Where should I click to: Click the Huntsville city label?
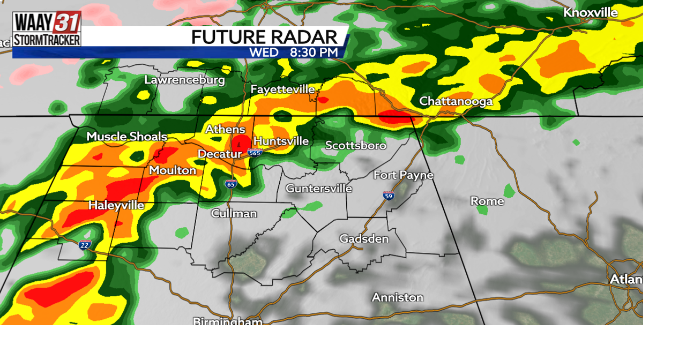coord(281,141)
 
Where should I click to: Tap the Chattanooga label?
coord(456,101)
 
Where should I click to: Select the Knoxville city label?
coord(590,12)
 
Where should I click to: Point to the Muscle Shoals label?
coord(126,137)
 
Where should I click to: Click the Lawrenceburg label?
coord(184,80)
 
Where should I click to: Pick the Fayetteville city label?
coord(282,89)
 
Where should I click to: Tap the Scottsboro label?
coord(355,145)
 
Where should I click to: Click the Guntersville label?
coord(318,188)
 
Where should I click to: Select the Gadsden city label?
coord(364,238)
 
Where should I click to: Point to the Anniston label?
coord(397,297)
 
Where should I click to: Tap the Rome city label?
coord(487,201)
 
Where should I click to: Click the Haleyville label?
coord(116,205)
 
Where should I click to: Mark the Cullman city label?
coord(234,213)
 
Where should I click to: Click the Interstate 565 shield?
coord(255,153)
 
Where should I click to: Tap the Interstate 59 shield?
coord(389,196)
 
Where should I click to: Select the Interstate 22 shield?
coord(85,245)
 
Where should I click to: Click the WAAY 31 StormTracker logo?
coord(47,29)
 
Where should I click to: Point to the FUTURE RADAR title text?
coord(264,37)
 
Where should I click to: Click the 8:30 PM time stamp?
coord(314,52)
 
